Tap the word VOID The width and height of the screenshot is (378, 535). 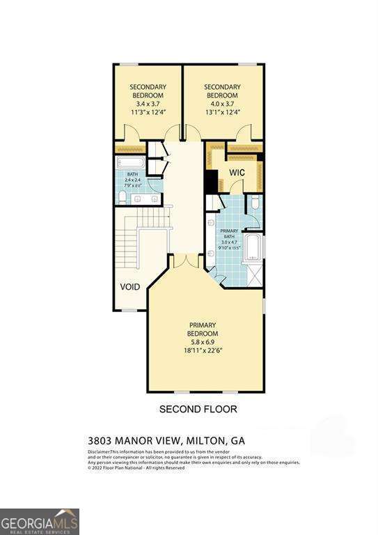[x=129, y=286]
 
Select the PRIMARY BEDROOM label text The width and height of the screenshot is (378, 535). [x=203, y=329]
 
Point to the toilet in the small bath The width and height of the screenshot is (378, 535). [x=123, y=199]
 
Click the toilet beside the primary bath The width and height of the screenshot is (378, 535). [x=254, y=203]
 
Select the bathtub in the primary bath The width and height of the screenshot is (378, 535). [x=252, y=248]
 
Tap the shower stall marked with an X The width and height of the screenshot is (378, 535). [x=255, y=275]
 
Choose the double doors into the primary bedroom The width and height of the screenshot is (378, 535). [x=182, y=261]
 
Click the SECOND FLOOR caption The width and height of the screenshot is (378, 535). [x=198, y=409]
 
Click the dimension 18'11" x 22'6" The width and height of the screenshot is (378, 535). [x=203, y=352]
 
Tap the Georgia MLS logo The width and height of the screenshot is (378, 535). [x=40, y=521]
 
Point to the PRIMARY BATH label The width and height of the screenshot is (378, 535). [x=230, y=233]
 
